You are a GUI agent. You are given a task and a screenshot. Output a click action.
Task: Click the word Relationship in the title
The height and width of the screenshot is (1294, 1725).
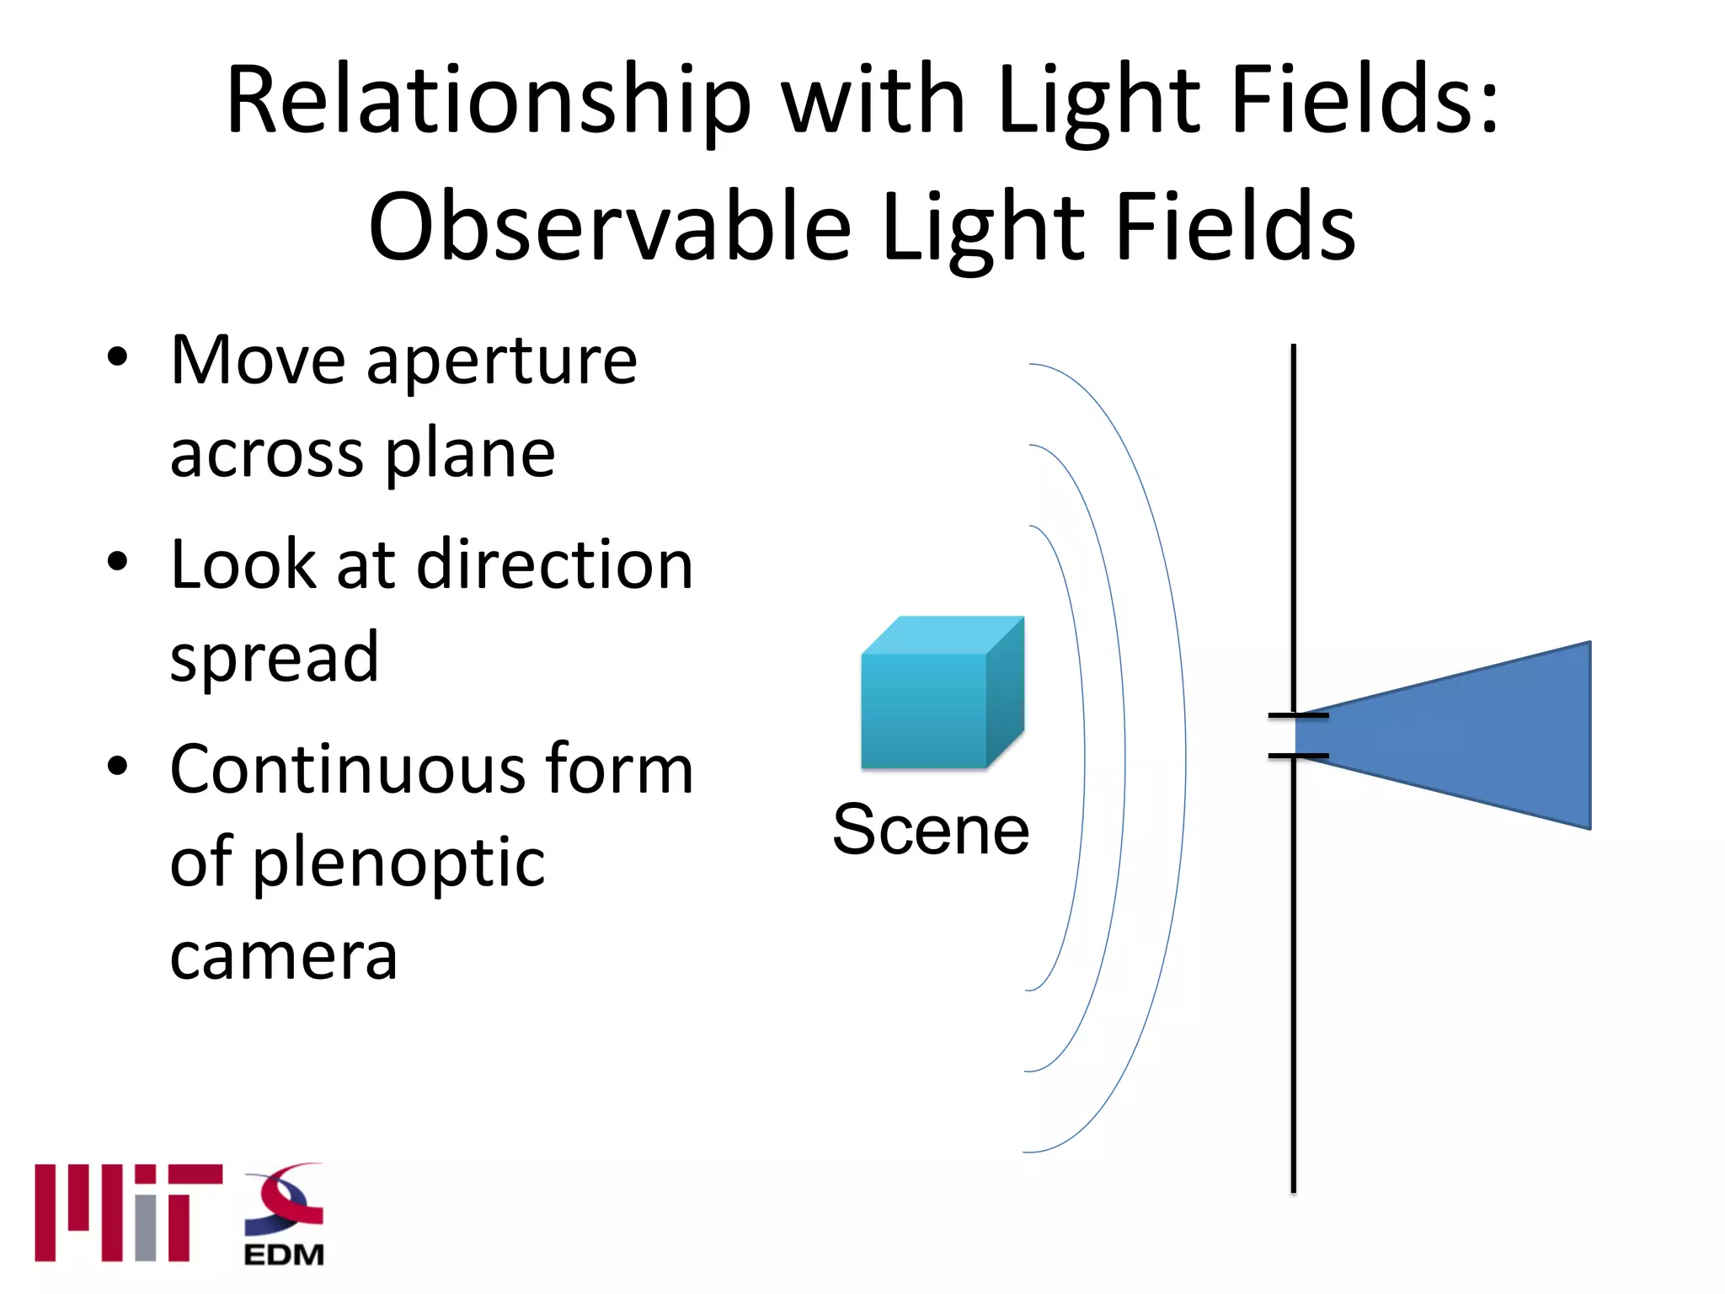[488, 101]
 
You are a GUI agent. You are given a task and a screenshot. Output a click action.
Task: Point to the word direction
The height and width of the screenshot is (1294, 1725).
[555, 564]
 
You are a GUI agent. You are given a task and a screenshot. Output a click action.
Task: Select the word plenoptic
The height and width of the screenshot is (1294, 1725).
[398, 864]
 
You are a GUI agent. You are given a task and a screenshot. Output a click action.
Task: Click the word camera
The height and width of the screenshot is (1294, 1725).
[283, 958]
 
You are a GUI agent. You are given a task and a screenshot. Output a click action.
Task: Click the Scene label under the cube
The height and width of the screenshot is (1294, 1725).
[931, 830]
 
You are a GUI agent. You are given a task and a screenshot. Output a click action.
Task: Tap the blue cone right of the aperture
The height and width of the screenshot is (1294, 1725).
[1466, 735]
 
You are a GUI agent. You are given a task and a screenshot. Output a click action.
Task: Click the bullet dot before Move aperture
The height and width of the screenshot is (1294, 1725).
[118, 356]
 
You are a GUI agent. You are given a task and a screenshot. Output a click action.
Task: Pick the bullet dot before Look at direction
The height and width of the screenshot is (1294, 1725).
[118, 561]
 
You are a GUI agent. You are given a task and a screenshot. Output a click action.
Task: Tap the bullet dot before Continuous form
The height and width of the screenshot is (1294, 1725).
[118, 766]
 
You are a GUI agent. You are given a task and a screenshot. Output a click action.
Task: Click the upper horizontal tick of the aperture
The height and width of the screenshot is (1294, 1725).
[1298, 715]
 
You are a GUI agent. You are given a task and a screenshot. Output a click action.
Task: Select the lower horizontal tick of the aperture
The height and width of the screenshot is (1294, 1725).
[1298, 756]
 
